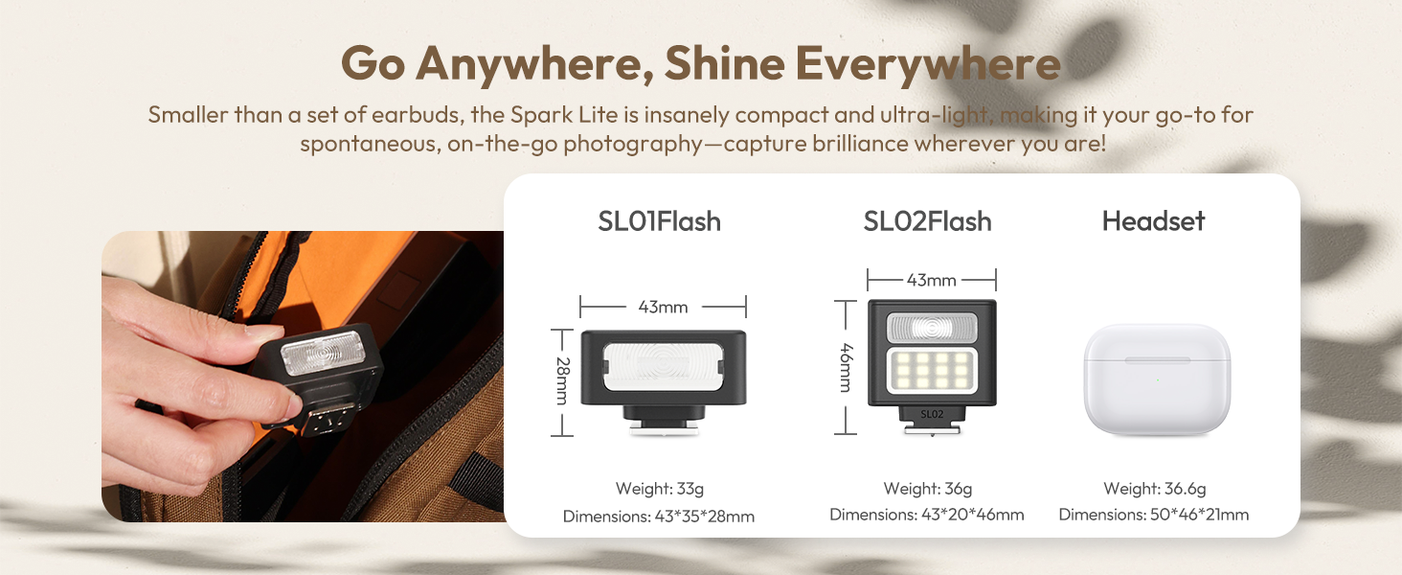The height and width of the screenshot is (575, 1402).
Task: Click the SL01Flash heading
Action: pyautogui.click(x=659, y=221)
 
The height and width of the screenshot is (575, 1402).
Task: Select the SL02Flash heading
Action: pyautogui.click(x=927, y=221)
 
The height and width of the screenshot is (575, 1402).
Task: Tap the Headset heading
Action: pyautogui.click(x=1153, y=221)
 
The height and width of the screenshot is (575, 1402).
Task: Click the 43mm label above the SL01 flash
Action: pyautogui.click(x=663, y=307)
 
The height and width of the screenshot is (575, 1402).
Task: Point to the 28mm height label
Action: pyautogui.click(x=562, y=381)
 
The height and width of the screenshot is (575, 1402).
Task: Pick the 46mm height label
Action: pyautogui.click(x=845, y=367)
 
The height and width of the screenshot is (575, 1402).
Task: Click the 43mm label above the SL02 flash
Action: pyautogui.click(x=931, y=280)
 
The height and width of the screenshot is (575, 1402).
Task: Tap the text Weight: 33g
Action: pyautogui.click(x=659, y=489)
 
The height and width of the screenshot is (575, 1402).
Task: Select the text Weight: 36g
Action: pyautogui.click(x=927, y=489)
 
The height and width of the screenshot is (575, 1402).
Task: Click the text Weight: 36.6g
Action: pyautogui.click(x=1153, y=489)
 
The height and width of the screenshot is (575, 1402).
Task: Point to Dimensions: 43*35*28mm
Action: pyautogui.click(x=659, y=517)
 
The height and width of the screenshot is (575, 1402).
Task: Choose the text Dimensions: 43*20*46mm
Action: pyautogui.click(x=927, y=515)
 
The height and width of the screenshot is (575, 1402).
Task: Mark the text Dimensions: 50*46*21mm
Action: pyautogui.click(x=1153, y=515)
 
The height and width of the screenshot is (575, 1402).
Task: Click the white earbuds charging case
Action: pyautogui.click(x=1156, y=379)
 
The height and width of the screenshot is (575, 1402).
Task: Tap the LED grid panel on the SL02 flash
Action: pyautogui.click(x=932, y=373)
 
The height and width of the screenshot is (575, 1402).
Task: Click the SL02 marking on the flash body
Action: pyautogui.click(x=932, y=413)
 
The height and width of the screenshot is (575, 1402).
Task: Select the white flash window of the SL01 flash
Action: pyautogui.click(x=663, y=367)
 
